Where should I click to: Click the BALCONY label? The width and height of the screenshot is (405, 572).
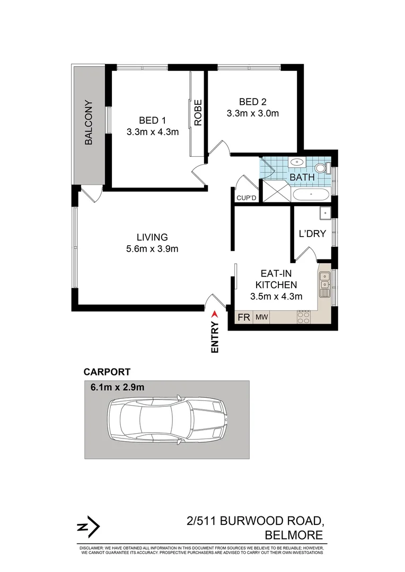click(89, 122)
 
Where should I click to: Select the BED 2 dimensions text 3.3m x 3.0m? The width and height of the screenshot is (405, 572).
click(252, 113)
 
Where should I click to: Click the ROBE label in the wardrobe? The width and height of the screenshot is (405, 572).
click(198, 113)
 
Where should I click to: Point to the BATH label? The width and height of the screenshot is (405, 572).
click(302, 177)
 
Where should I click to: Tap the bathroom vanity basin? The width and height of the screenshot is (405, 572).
click(296, 163)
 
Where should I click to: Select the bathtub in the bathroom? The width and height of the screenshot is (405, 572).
click(311, 194)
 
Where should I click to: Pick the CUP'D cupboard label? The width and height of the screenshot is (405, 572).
click(246, 198)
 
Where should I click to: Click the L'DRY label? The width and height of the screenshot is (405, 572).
click(312, 234)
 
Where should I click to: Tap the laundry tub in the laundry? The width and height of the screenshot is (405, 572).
click(325, 213)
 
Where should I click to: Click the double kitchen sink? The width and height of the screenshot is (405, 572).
click(324, 289)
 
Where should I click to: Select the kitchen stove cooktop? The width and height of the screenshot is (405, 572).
click(304, 317)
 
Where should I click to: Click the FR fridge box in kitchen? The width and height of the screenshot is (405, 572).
click(244, 317)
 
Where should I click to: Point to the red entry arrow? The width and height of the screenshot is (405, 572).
click(215, 315)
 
